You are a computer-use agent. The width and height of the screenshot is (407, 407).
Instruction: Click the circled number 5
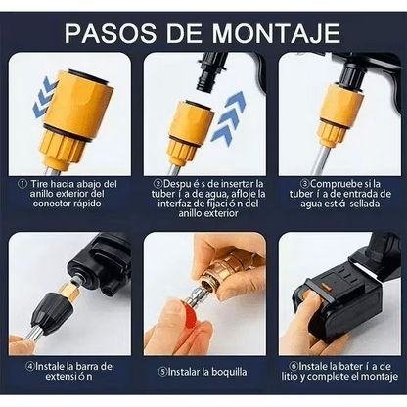(161, 372)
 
